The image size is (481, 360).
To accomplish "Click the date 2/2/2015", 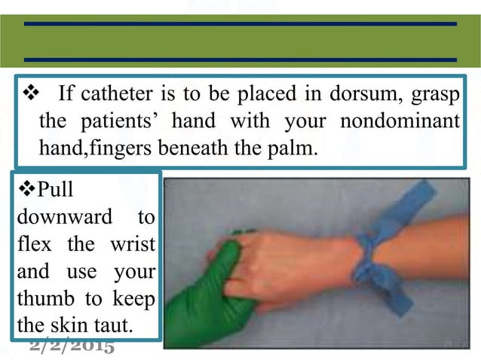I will tap(72, 346).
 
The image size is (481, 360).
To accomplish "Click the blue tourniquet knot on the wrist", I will tap(374, 256).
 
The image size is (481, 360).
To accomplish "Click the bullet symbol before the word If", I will tap(32, 96).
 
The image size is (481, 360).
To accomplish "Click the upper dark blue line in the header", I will tap(240, 24).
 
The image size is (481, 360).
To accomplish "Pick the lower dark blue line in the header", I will tap(240, 59).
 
